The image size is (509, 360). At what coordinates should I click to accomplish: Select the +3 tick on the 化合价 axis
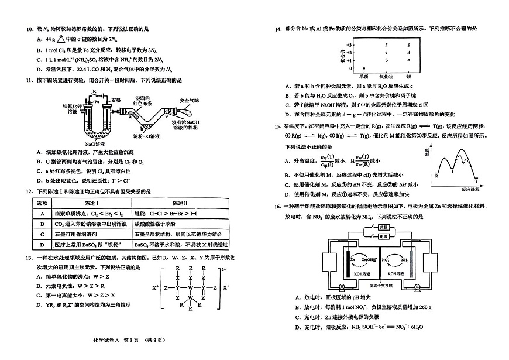tap(349, 44)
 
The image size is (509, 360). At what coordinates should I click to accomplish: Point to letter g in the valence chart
tap(408, 44)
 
